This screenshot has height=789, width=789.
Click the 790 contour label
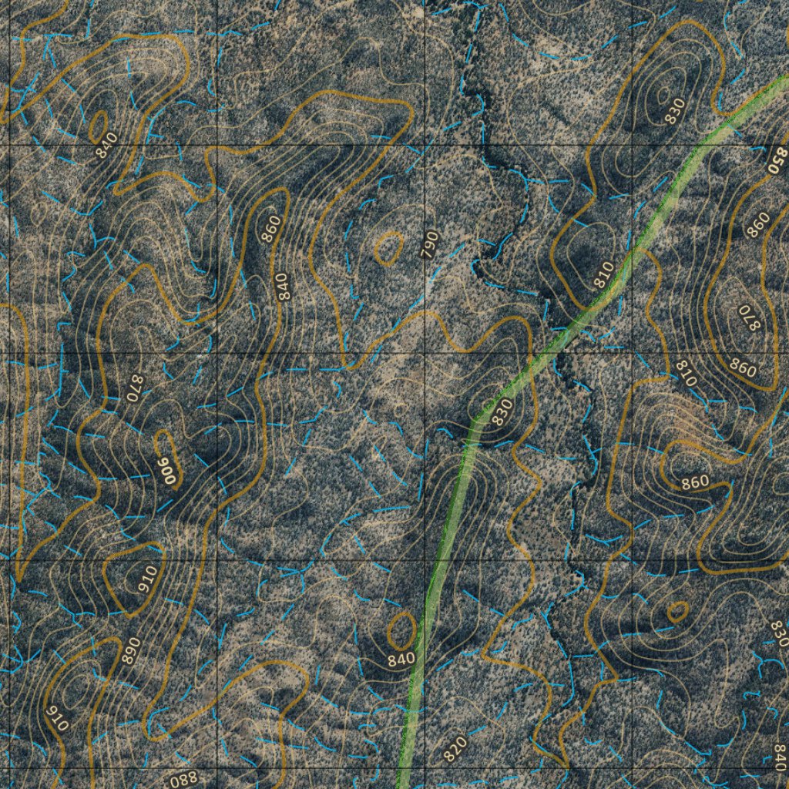point(430,244)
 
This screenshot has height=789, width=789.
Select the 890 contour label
point(130,651)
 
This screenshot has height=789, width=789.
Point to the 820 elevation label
point(455,747)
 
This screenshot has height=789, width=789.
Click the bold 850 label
point(777,160)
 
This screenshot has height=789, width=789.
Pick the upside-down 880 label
point(183,778)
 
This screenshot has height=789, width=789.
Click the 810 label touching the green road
point(604,275)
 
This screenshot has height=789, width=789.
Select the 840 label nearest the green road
point(401,659)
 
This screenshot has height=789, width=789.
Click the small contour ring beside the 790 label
point(389,247)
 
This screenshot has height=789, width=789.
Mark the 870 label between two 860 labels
point(748,318)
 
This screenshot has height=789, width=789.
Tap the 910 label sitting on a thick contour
point(57,718)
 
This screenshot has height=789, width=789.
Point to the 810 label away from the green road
point(686,374)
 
